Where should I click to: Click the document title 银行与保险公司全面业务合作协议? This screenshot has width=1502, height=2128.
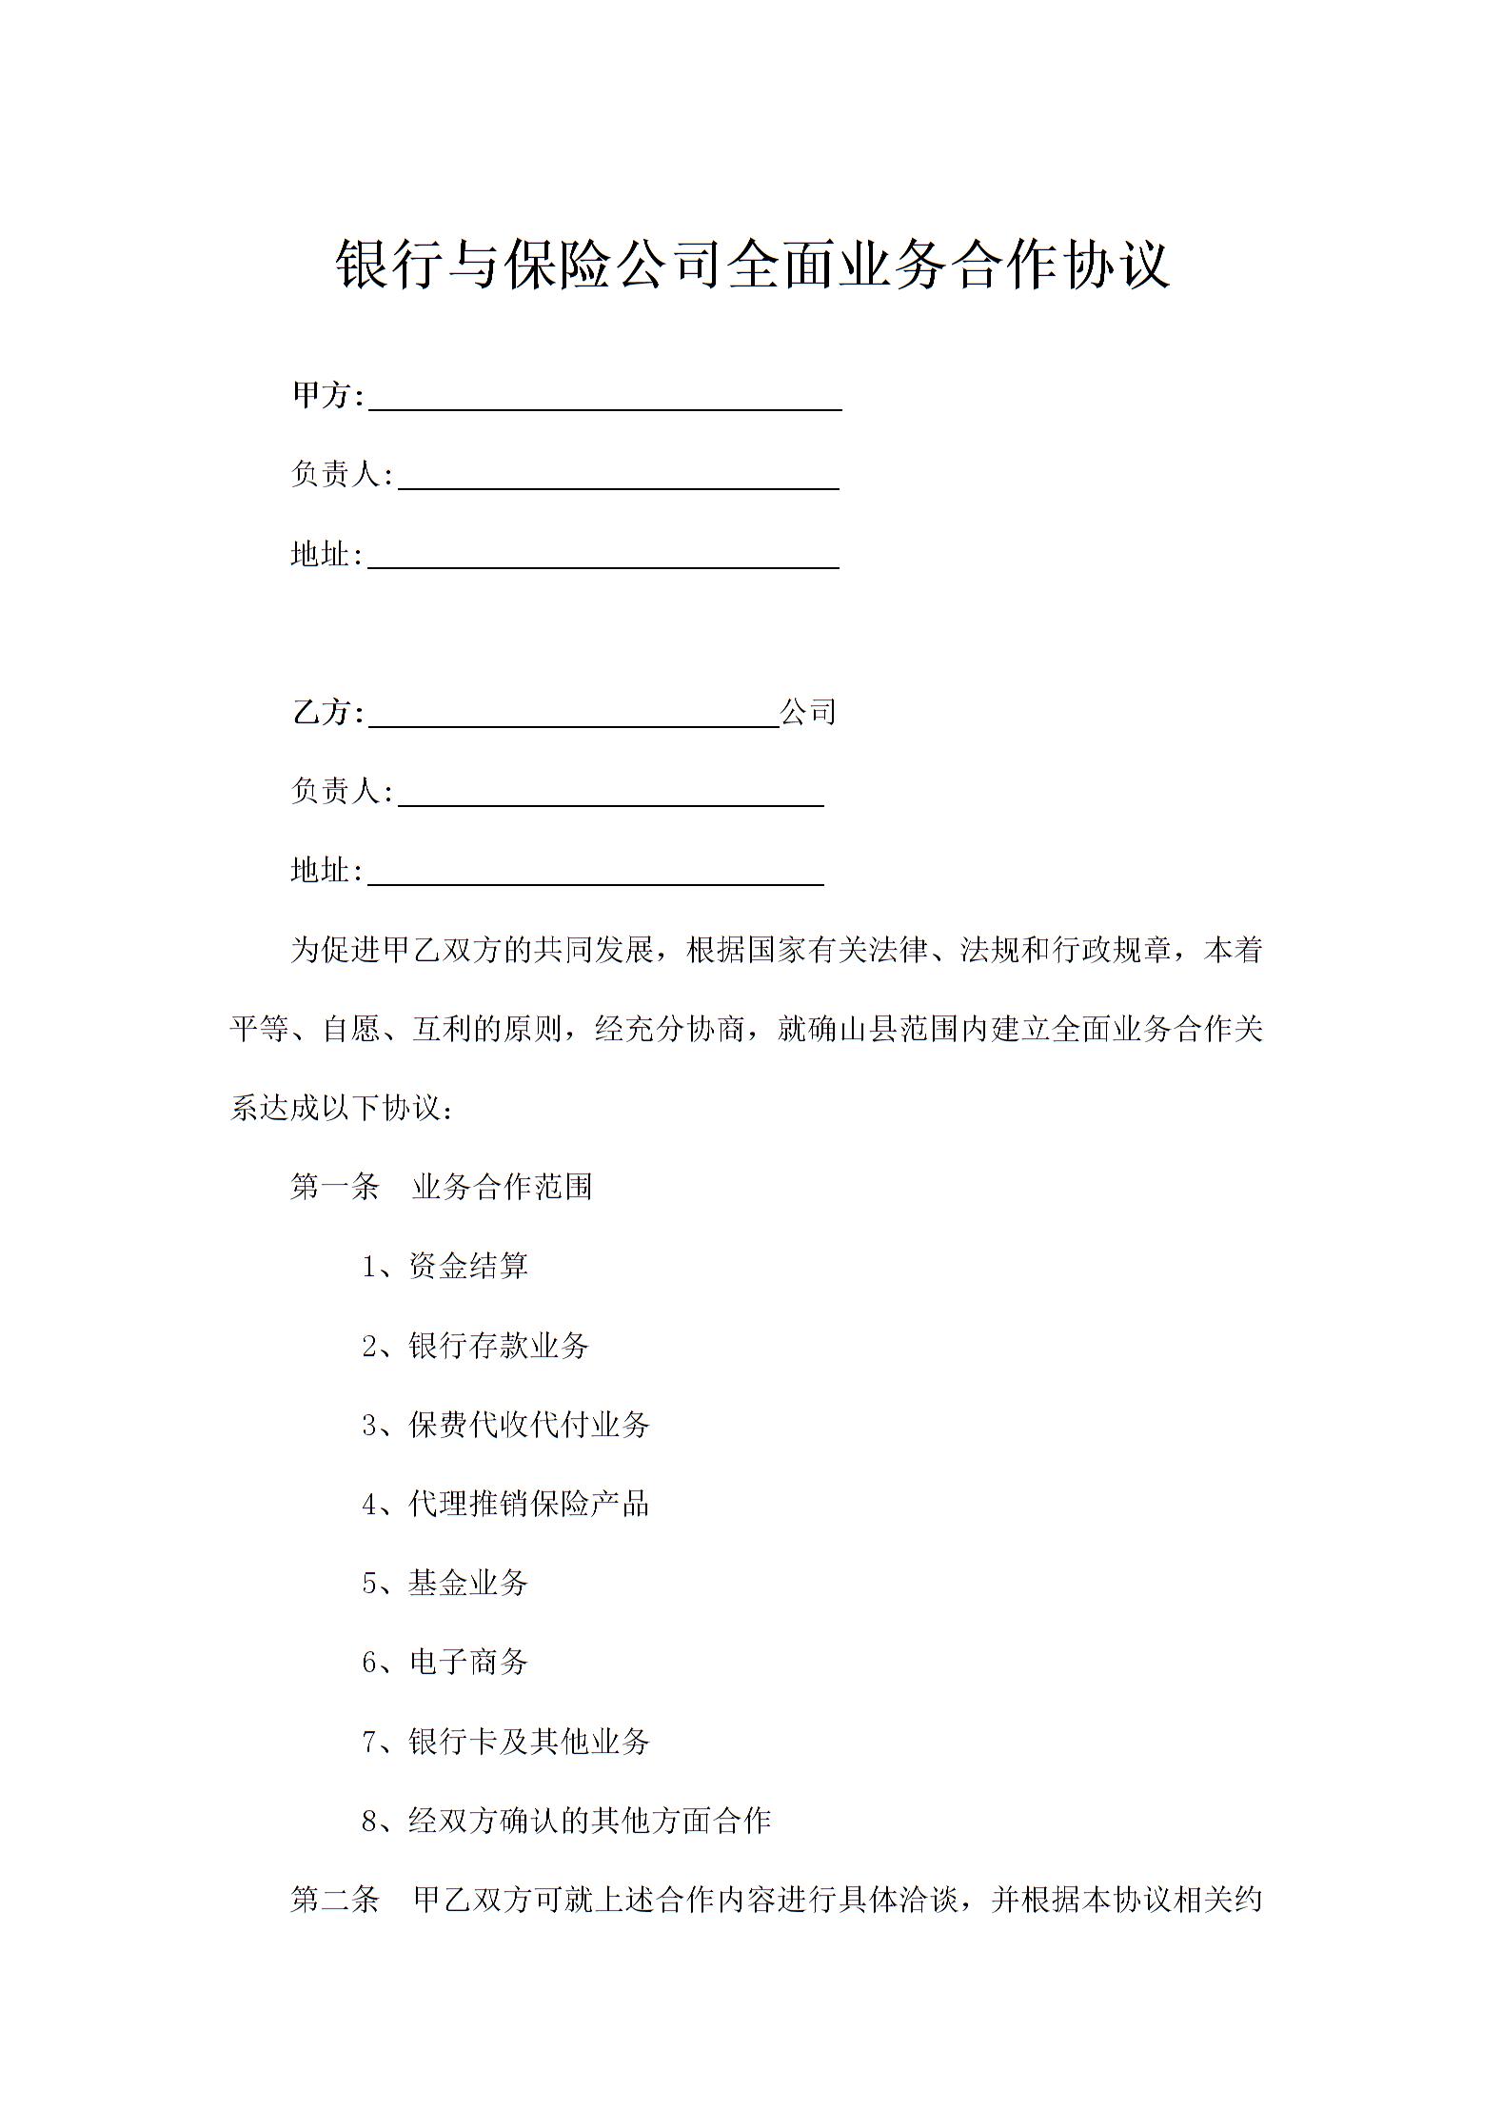click(x=752, y=264)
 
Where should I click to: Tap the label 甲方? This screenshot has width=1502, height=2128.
click(x=322, y=395)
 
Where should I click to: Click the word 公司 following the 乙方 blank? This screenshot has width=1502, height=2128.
click(x=808, y=712)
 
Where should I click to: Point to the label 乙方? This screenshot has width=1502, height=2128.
click(x=322, y=712)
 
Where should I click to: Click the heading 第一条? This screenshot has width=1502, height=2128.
click(x=335, y=1187)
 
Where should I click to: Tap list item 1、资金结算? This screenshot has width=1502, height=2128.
click(x=445, y=1266)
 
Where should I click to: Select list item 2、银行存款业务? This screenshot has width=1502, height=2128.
click(x=475, y=1345)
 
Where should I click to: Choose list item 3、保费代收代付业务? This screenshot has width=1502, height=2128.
click(x=505, y=1425)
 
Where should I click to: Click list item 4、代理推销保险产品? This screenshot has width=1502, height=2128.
click(x=505, y=1504)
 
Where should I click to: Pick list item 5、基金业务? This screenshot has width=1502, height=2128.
click(x=445, y=1583)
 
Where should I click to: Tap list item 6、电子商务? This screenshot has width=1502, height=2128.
click(x=445, y=1662)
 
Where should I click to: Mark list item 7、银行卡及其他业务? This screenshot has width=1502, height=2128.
click(x=505, y=1742)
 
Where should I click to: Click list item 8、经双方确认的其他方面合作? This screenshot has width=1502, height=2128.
click(x=566, y=1821)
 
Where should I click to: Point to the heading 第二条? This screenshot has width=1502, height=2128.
click(x=335, y=1900)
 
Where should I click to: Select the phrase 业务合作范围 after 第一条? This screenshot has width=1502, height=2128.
click(x=503, y=1187)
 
